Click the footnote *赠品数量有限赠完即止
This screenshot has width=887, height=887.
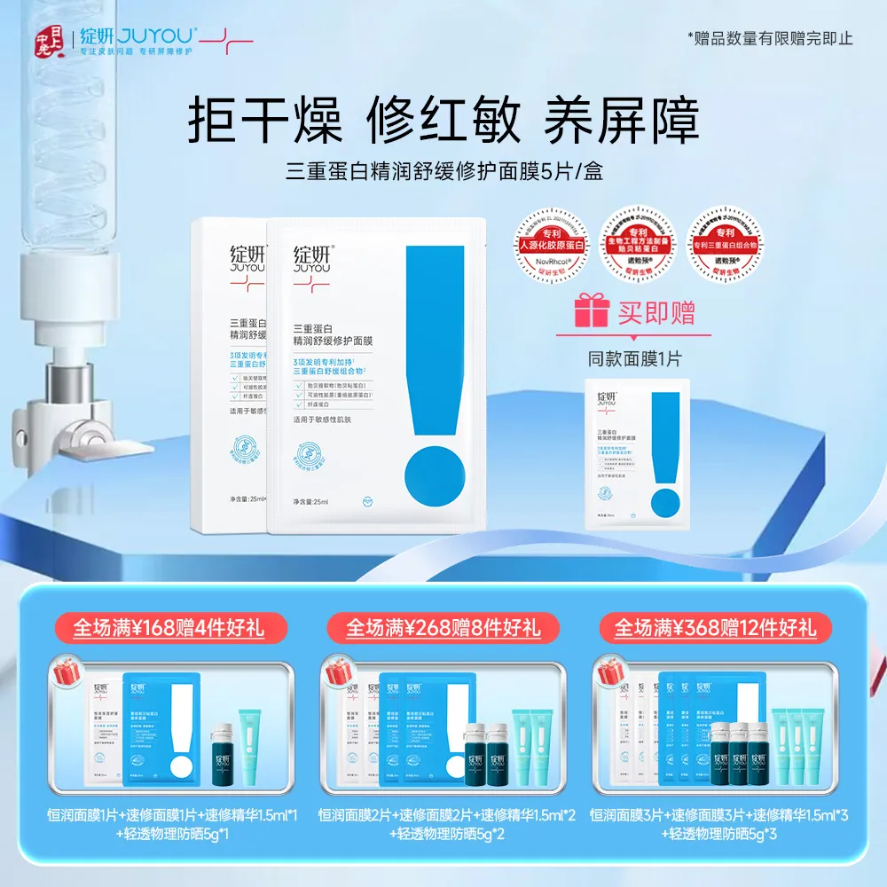click(x=770, y=37)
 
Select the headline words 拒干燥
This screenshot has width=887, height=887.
click(x=264, y=121)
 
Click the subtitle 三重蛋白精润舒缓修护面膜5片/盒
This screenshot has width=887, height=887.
click(x=443, y=170)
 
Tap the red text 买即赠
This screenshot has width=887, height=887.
click(x=657, y=312)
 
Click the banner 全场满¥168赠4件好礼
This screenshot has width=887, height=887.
click(x=168, y=628)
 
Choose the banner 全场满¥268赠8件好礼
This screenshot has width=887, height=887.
click(x=443, y=628)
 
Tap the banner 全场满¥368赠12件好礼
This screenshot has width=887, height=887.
click(x=717, y=628)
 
